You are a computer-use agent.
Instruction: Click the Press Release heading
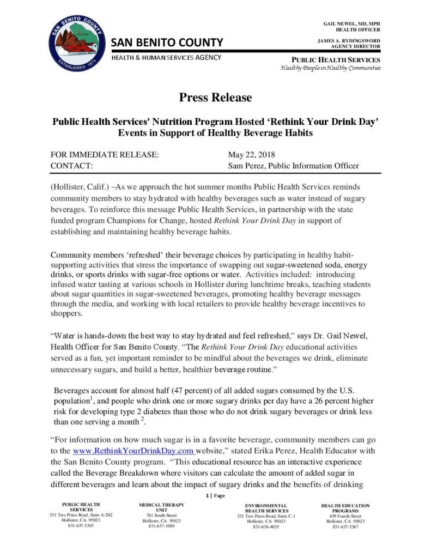[216, 98]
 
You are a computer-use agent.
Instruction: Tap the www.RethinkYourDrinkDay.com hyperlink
[133, 451]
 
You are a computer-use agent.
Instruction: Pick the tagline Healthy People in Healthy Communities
[330, 68]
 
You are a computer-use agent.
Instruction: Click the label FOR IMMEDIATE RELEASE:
[105, 155]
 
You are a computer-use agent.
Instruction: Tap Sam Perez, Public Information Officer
[293, 166]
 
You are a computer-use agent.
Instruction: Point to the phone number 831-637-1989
[161, 526]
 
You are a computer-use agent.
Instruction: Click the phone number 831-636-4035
[266, 527]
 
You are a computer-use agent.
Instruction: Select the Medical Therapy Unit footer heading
[161, 508]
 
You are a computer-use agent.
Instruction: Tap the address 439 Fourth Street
[345, 515]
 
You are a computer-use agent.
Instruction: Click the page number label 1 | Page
[215, 495]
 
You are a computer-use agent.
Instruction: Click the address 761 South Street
[161, 515]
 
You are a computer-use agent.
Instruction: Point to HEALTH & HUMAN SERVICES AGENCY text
[166, 57]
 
